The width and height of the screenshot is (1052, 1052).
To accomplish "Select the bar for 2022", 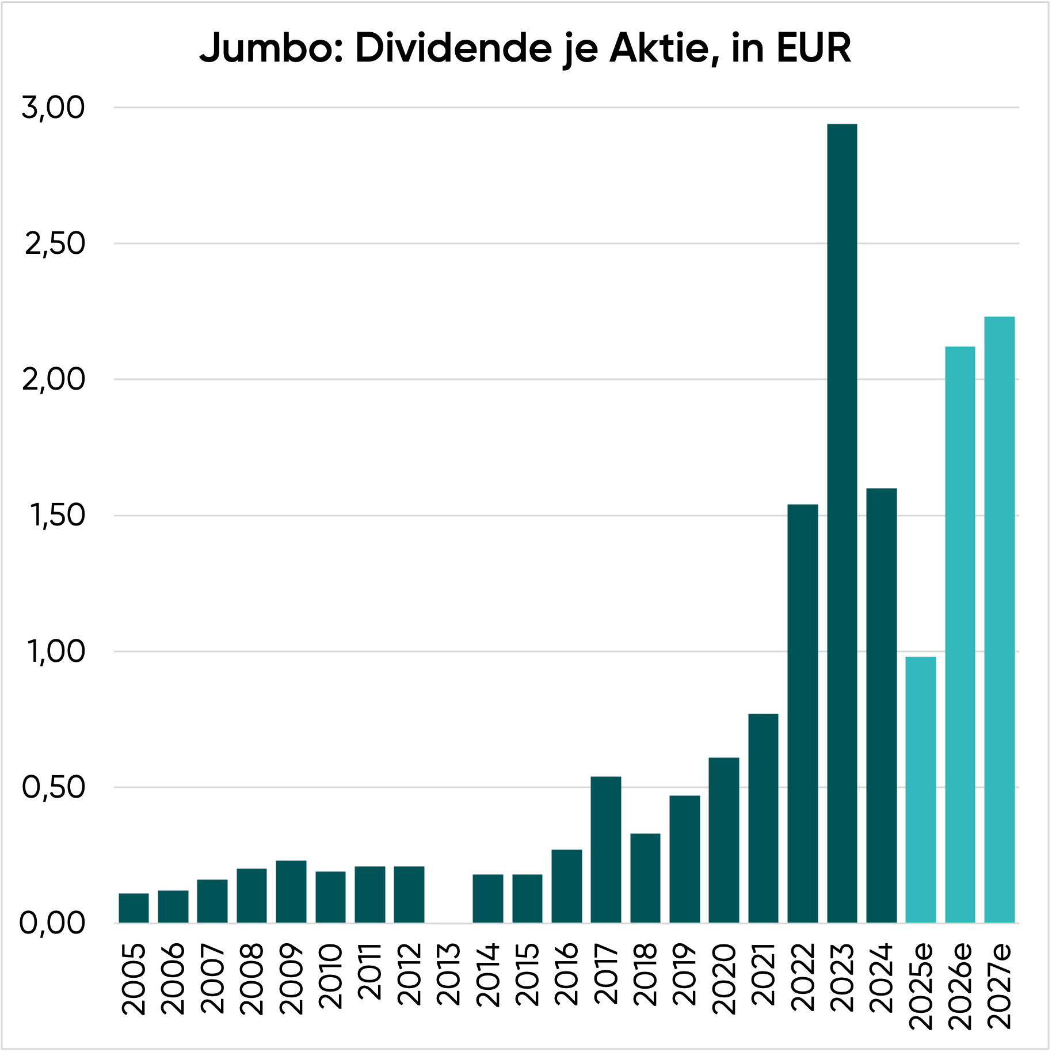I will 802,713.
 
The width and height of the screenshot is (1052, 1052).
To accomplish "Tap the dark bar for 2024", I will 881,705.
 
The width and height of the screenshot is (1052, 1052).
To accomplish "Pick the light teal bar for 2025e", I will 920,789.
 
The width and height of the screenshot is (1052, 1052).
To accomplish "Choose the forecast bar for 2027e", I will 999,619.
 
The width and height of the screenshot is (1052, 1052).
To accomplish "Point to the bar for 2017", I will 605,849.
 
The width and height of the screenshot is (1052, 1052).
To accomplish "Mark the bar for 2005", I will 134,908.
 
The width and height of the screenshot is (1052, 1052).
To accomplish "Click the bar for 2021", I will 763,818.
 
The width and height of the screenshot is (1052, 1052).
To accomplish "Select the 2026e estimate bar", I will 960,634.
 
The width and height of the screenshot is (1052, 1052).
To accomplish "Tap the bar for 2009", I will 291,891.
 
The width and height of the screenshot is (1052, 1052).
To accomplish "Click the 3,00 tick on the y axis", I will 53,108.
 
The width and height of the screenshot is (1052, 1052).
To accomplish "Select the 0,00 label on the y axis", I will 52,923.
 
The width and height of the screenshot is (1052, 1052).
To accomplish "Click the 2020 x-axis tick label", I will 723,978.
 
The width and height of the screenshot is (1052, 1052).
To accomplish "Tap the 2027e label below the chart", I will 999,985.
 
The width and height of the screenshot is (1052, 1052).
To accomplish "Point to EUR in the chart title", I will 813,48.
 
